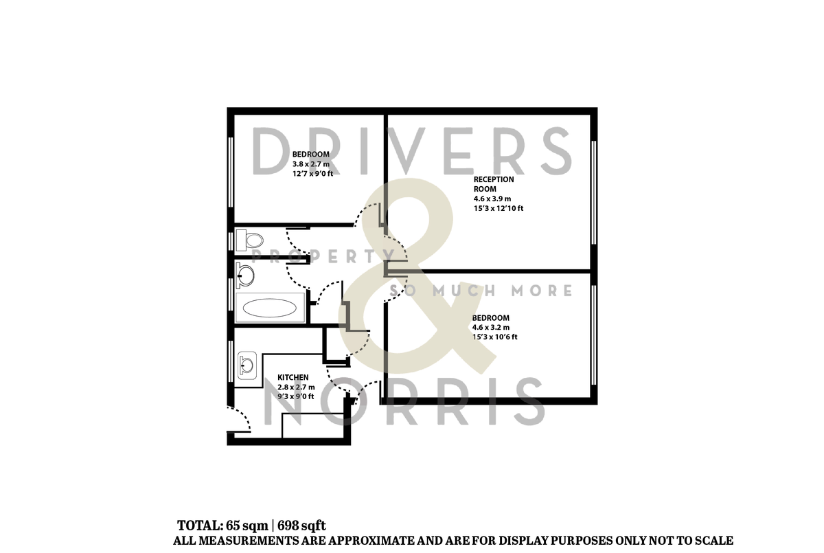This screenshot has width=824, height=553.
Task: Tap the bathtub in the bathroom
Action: [270, 308]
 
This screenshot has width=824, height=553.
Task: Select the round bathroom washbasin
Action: [244, 275]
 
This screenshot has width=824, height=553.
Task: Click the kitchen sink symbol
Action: [247, 361]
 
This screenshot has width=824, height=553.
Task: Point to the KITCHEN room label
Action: [293, 378]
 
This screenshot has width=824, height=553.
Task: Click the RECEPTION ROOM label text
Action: [493, 184]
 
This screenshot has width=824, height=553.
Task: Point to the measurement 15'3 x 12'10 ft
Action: [498, 208]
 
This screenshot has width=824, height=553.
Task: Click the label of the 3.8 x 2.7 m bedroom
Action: [310, 155]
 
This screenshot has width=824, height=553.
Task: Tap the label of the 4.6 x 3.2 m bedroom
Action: [490, 318]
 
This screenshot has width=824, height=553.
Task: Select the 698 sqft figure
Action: [301, 526]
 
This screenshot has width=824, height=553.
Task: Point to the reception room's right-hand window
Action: [593, 192]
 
